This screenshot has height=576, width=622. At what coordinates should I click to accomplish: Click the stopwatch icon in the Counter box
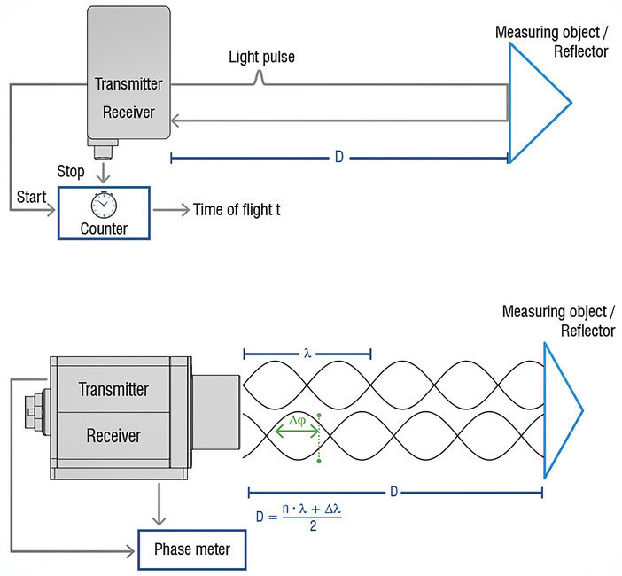[x=104, y=204]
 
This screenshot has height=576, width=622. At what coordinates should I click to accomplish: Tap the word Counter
[x=105, y=228]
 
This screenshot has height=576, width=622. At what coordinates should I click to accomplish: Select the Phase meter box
[x=191, y=549]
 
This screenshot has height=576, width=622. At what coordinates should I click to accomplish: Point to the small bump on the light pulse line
[x=258, y=80]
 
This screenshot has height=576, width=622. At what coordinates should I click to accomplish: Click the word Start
[x=32, y=196]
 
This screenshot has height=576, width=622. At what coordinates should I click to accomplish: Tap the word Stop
[x=70, y=171]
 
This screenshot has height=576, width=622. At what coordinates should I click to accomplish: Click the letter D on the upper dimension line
[x=338, y=158]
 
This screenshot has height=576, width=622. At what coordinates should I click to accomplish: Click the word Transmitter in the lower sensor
[x=113, y=389]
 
